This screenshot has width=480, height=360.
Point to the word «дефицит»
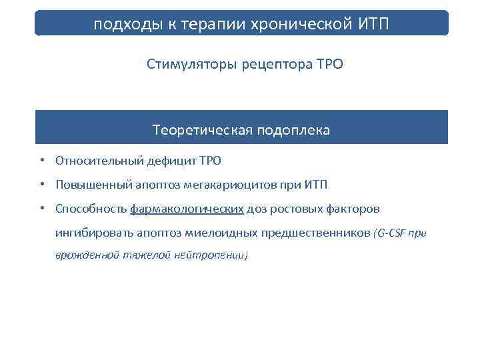tap(172, 161)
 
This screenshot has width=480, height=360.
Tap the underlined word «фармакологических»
tap(187, 209)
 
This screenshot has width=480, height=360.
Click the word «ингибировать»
tap(94, 233)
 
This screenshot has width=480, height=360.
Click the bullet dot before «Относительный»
tap(42, 161)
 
